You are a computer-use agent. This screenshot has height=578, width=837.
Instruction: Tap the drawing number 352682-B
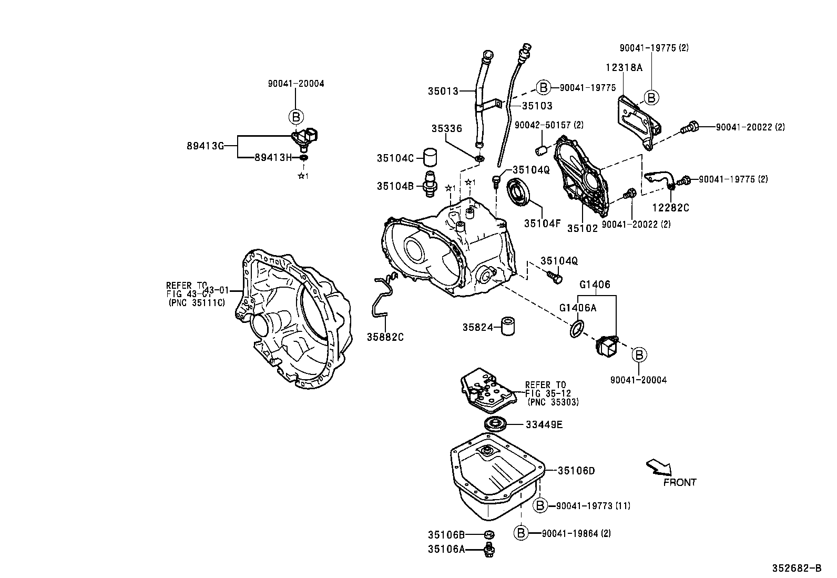click(796, 568)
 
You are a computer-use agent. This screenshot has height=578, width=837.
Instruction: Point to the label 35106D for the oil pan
click(576, 471)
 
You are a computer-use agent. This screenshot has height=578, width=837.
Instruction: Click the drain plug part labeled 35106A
click(490, 550)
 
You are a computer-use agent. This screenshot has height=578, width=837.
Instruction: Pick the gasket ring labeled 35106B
click(489, 535)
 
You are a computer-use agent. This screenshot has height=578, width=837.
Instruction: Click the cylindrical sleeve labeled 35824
click(508, 327)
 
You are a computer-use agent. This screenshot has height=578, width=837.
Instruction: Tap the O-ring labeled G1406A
click(577, 328)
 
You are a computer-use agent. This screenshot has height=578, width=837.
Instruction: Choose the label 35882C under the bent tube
click(385, 337)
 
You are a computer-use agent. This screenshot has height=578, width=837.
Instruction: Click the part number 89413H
click(272, 157)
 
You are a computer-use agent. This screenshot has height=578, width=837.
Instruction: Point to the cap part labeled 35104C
click(431, 157)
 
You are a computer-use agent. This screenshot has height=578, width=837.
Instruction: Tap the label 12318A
click(624, 67)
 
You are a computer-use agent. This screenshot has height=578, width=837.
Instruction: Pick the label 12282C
click(671, 208)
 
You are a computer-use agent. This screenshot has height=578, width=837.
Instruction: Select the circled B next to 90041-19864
click(520, 533)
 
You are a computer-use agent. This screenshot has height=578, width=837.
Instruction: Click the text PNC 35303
click(553, 402)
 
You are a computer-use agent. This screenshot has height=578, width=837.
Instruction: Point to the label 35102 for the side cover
click(582, 229)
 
